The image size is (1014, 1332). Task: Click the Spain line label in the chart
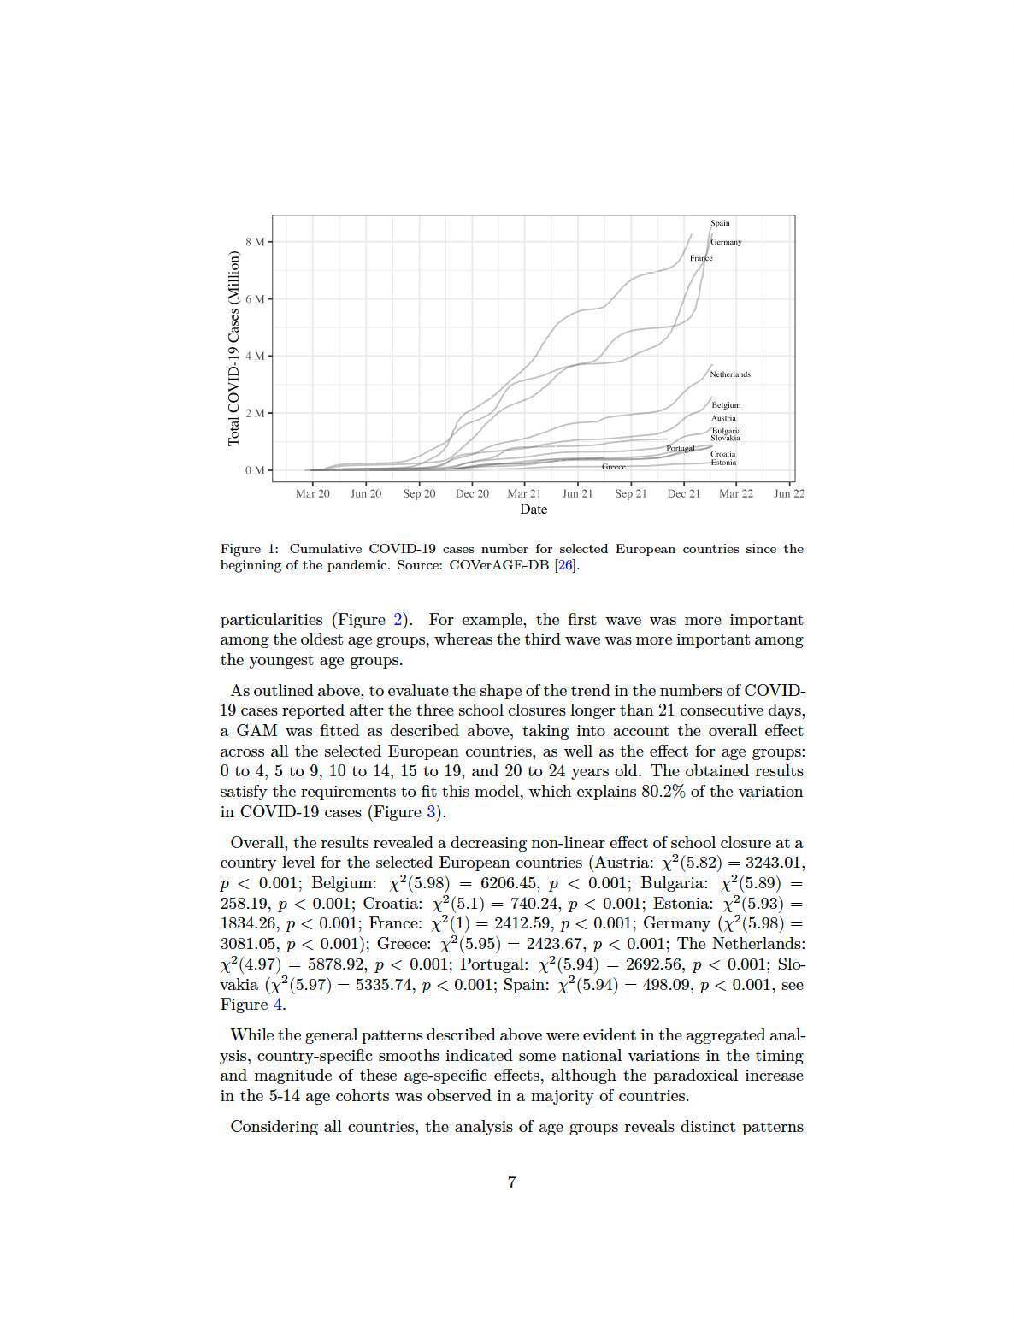pos(720,223)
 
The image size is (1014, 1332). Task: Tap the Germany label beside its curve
pos(726,242)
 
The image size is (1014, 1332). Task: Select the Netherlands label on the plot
pos(729,374)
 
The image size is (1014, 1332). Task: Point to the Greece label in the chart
pos(613,467)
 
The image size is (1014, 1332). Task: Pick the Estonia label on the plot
pos(723,463)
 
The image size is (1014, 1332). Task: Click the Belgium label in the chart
pos(726,405)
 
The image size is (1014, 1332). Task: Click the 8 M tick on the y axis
pos(255,242)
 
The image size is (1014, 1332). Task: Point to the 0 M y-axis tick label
pos(255,470)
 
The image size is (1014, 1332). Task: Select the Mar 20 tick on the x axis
pos(312,494)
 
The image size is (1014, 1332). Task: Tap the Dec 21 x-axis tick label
pos(683,494)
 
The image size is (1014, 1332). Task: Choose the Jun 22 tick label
pos(788,494)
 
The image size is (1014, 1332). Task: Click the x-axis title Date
pos(534,510)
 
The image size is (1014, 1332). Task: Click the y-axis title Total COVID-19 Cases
pos(233,348)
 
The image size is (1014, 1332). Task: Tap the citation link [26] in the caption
pos(564,565)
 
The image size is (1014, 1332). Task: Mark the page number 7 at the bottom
pos(511,1182)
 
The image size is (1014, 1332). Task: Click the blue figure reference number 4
pos(277,1005)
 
